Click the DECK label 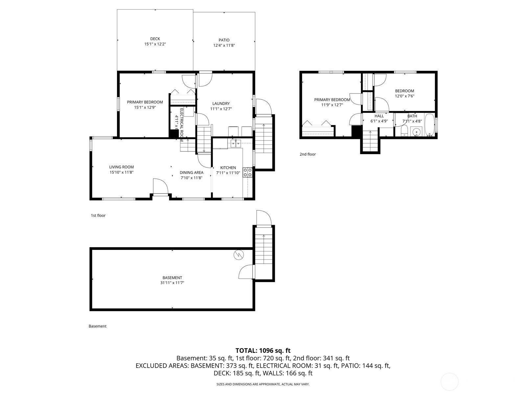pyautogui.click(x=155, y=39)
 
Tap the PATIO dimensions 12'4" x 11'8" pyautogui.click(x=224, y=45)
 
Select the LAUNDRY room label pyautogui.click(x=221, y=103)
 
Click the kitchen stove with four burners pyautogui.click(x=248, y=172)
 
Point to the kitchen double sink pyautogui.click(x=236, y=143)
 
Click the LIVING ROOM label pyautogui.click(x=121, y=167)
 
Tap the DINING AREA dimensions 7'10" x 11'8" pyautogui.click(x=191, y=178)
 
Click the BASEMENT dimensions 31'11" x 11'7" pyautogui.click(x=172, y=283)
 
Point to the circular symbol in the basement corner pyautogui.click(x=237, y=255)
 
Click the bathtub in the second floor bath pyautogui.click(x=429, y=125)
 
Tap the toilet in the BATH pyautogui.click(x=405, y=131)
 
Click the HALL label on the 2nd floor pyautogui.click(x=379, y=116)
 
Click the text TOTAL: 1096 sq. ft pyautogui.click(x=263, y=351)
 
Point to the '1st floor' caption pyautogui.click(x=98, y=216)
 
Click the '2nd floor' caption pyautogui.click(x=307, y=154)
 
